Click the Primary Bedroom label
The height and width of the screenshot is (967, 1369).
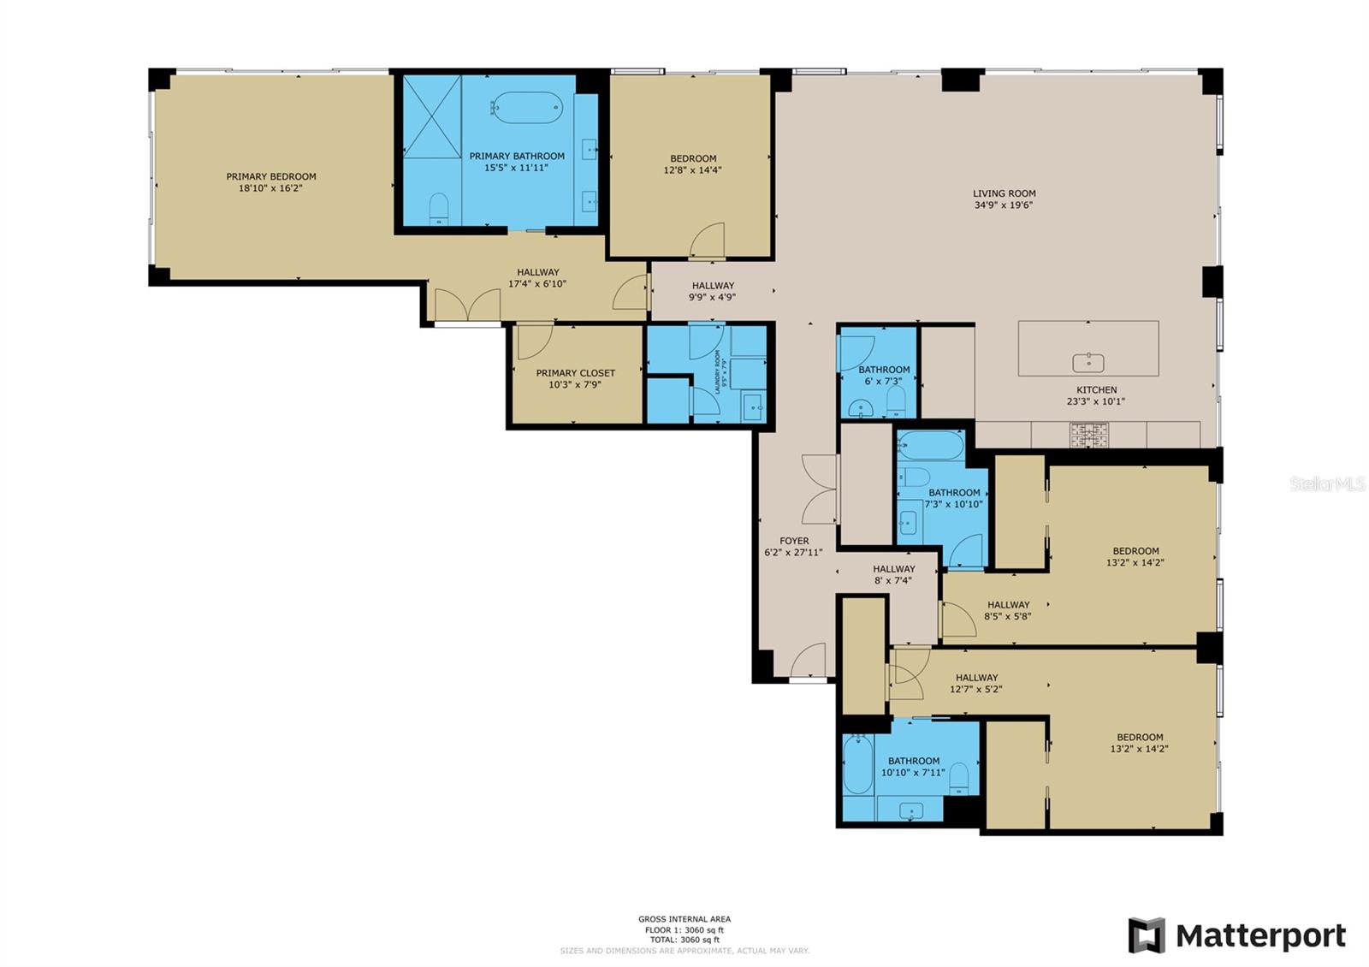(270, 176)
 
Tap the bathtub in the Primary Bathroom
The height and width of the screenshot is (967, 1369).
(527, 108)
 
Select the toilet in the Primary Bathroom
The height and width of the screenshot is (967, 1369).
(439, 208)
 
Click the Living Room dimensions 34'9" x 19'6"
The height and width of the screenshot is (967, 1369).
(1004, 205)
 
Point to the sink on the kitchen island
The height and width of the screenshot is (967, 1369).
(1087, 363)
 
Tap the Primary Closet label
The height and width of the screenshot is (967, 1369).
(575, 373)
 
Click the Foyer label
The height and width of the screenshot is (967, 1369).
(794, 541)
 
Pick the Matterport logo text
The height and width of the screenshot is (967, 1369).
(1260, 935)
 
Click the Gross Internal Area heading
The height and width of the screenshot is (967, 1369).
(684, 919)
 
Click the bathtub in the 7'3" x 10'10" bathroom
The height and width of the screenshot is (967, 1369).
(931, 445)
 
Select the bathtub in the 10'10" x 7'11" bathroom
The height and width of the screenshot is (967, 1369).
(857, 764)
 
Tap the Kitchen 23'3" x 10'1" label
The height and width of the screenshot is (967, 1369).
(1096, 389)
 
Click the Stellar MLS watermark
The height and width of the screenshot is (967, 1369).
(1327, 484)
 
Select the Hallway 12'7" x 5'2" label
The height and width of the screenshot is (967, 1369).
(976, 677)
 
